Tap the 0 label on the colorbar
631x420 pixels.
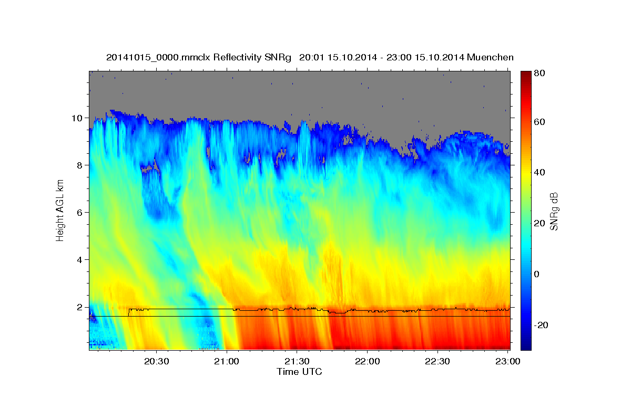537,274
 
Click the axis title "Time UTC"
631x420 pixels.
299,372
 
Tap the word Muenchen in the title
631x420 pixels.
490,57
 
